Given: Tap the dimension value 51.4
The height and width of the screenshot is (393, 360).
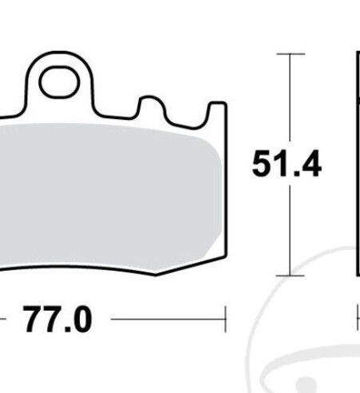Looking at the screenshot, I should point(287,165).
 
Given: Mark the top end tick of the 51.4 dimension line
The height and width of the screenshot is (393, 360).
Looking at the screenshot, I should point(290,54).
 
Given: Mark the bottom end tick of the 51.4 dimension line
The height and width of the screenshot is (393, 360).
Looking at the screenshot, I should point(290,275).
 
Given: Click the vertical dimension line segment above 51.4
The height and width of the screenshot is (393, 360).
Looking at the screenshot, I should point(290,100).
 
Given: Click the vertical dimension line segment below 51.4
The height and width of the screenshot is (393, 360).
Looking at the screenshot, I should point(290,228).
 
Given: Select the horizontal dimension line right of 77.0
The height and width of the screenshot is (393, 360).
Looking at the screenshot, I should point(168,320).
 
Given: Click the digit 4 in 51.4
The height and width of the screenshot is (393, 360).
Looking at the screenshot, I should point(310,165).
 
